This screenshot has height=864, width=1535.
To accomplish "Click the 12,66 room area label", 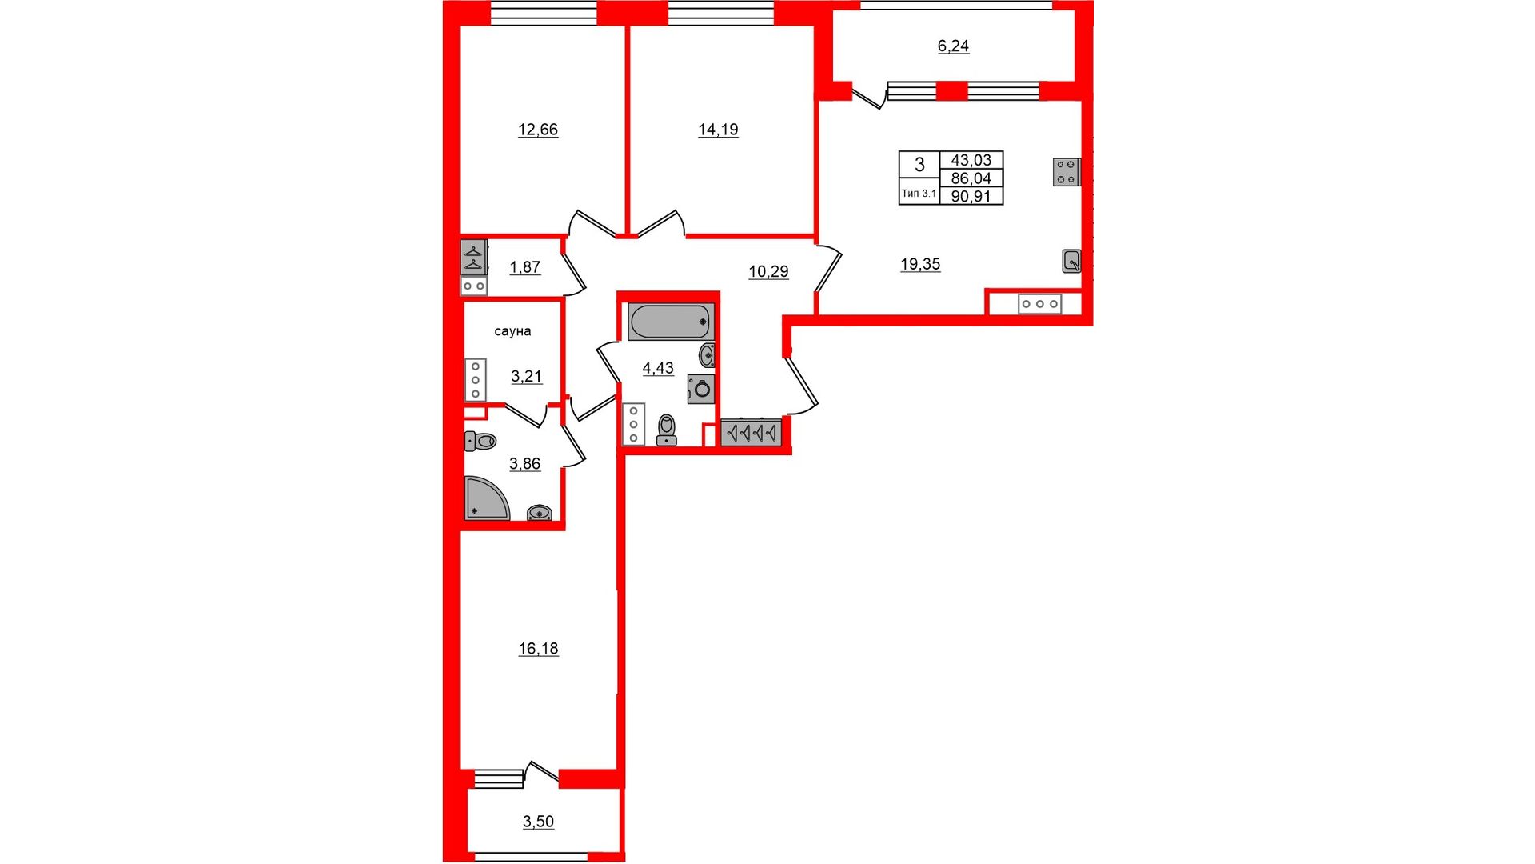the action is tap(538, 130).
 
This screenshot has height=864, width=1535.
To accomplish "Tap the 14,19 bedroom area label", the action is tap(718, 130).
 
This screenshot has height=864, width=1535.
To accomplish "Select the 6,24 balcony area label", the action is tap(953, 46).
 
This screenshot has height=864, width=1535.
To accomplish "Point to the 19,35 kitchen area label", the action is tap(920, 264).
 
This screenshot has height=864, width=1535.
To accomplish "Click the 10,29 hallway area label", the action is tap(768, 272).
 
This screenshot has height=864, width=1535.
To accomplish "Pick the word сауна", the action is tap(512, 331).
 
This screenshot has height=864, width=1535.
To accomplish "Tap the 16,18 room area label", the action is tap(538, 649).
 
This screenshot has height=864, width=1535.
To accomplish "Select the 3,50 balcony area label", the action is tap(538, 822).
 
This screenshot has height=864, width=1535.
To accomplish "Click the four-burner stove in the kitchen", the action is tap(1067, 172).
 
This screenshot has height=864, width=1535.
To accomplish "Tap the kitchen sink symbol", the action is tap(1071, 261).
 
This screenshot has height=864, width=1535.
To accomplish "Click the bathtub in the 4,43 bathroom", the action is tap(670, 322).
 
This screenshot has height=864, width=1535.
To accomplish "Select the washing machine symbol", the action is tap(701, 390).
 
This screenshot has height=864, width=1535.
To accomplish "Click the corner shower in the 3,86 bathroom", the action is tap(486, 498).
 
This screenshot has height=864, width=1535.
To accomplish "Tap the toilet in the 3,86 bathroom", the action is tap(480, 441).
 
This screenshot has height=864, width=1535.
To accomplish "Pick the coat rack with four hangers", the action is tap(751, 433).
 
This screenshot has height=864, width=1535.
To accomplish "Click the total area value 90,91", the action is tap(971, 196).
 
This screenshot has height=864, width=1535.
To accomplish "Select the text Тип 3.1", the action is tap(919, 194).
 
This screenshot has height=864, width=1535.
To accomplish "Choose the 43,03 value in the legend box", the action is tap(971, 160).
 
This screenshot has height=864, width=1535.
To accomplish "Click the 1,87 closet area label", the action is tap(525, 267).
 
